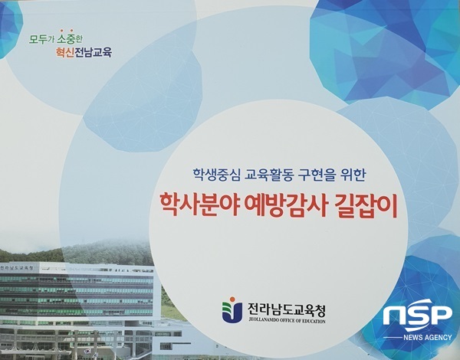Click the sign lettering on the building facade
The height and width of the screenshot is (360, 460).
click(23, 267)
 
